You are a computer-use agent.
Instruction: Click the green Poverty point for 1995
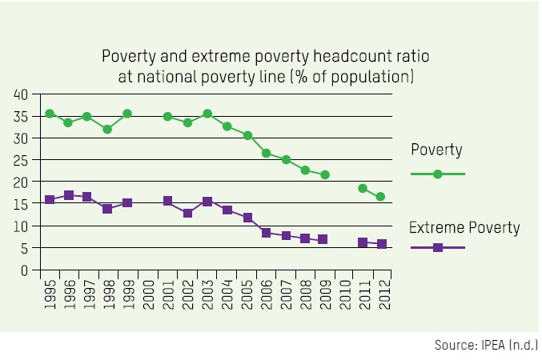tap(50, 114)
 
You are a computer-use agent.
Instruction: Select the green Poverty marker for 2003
tap(207, 114)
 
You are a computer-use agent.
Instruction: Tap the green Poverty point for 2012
tap(381, 197)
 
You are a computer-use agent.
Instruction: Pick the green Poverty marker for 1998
tap(107, 129)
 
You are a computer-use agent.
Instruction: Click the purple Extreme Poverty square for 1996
tap(69, 195)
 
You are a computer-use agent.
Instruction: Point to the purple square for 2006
tap(266, 233)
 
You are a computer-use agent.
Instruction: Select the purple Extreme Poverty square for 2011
tap(363, 242)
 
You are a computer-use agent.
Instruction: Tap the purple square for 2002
tap(187, 214)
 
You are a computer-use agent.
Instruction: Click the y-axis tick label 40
tap(22, 94)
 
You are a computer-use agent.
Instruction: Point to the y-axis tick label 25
tap(22, 160)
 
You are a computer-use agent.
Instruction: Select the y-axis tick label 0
tap(25, 270)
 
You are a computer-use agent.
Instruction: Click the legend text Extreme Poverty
tap(464, 228)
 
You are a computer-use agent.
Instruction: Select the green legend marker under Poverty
tap(437, 174)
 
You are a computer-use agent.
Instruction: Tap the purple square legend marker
tap(437, 248)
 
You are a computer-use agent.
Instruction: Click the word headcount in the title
tap(304, 58)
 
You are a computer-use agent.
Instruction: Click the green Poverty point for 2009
tap(324, 174)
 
